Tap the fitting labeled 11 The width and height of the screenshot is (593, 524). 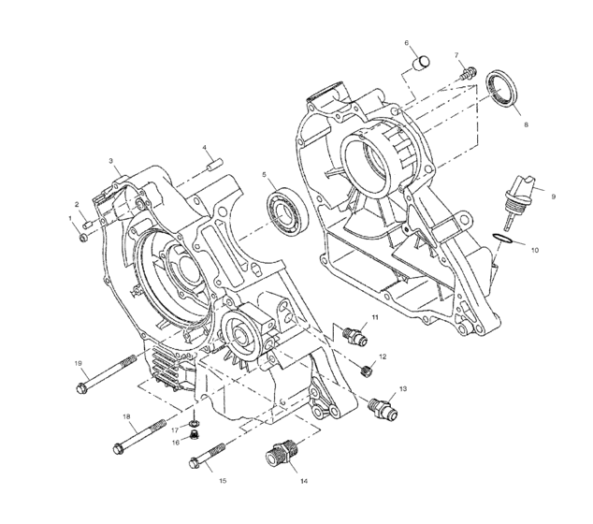[x=353, y=333]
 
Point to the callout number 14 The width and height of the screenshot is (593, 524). [x=304, y=482]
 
